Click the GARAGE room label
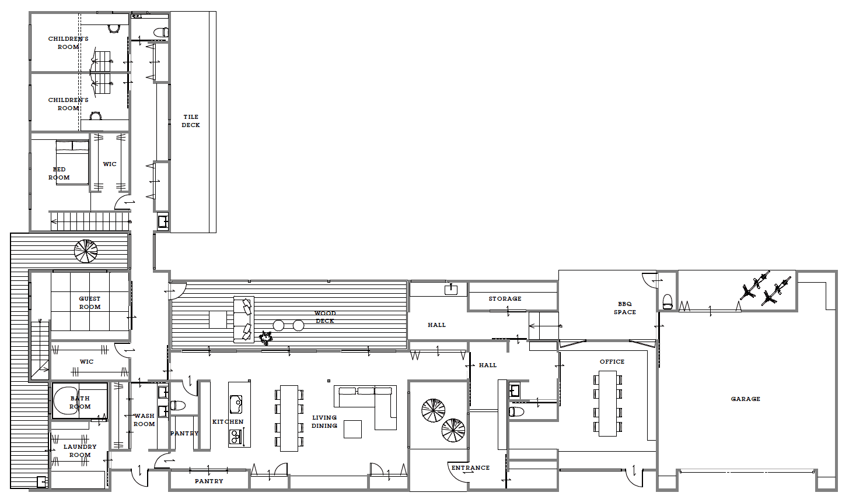click(745, 399)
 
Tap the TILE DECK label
click(191, 121)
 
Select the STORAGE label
click(505, 298)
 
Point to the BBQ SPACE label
click(624, 308)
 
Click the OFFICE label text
click(612, 362)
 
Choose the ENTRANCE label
click(470, 468)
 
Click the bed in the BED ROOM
click(72, 163)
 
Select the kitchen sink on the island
click(236, 404)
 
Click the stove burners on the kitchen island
click(235, 437)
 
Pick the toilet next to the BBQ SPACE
click(667, 302)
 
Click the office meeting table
click(607, 403)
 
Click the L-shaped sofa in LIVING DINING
click(365, 407)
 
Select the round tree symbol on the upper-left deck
click(86, 251)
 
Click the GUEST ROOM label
click(90, 302)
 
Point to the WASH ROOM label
click(144, 420)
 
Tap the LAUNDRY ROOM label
click(80, 451)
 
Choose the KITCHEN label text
click(228, 421)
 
